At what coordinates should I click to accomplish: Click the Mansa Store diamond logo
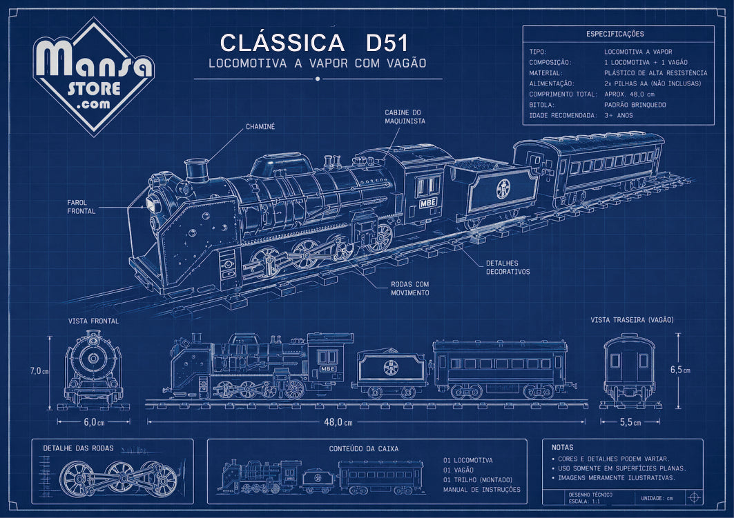pyautogui.click(x=94, y=77)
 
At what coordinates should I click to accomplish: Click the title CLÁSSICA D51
pyautogui.click(x=315, y=43)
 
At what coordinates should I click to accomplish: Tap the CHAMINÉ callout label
pyautogui.click(x=260, y=127)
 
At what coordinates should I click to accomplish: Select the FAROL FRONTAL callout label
pyautogui.click(x=81, y=207)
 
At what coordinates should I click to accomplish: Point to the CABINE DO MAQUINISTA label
pyautogui.click(x=405, y=117)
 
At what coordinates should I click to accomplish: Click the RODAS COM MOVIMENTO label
pyautogui.click(x=410, y=288)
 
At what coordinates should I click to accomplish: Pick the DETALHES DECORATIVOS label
pyautogui.click(x=508, y=268)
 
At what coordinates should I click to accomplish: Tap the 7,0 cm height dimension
pyautogui.click(x=39, y=371)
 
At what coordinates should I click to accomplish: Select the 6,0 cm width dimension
pyautogui.click(x=94, y=422)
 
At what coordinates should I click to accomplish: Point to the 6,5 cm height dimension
pyautogui.click(x=680, y=369)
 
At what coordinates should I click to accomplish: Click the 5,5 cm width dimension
pyautogui.click(x=630, y=422)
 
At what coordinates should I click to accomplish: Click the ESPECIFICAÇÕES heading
pyautogui.click(x=615, y=34)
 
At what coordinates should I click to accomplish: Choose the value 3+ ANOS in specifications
pyautogui.click(x=619, y=115)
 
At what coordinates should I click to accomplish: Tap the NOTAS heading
pyautogui.click(x=562, y=448)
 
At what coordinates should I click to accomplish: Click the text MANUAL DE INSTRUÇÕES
pyautogui.click(x=482, y=490)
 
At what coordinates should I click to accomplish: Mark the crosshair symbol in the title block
pyautogui.click(x=694, y=497)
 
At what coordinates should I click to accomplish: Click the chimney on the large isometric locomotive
pyautogui.click(x=197, y=170)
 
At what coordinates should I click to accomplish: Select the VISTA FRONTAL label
pyautogui.click(x=94, y=321)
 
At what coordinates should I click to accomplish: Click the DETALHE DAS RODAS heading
pyautogui.click(x=78, y=448)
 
